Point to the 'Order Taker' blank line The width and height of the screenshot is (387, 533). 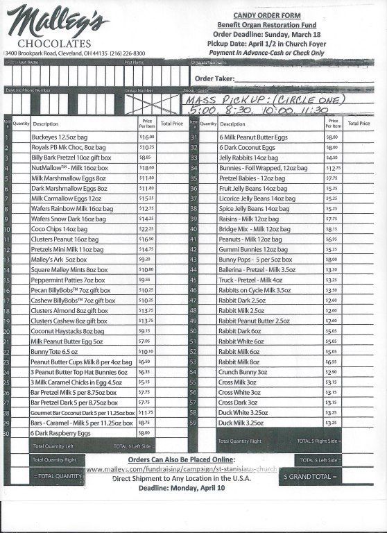coord(305,79)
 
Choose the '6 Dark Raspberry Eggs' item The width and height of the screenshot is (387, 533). coord(62,433)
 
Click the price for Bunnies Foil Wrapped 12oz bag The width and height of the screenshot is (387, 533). coord(333,168)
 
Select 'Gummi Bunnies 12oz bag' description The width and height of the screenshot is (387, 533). coord(253,249)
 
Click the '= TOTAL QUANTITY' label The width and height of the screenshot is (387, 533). coord(60,476)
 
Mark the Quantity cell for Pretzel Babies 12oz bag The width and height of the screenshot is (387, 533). coord(208,178)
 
